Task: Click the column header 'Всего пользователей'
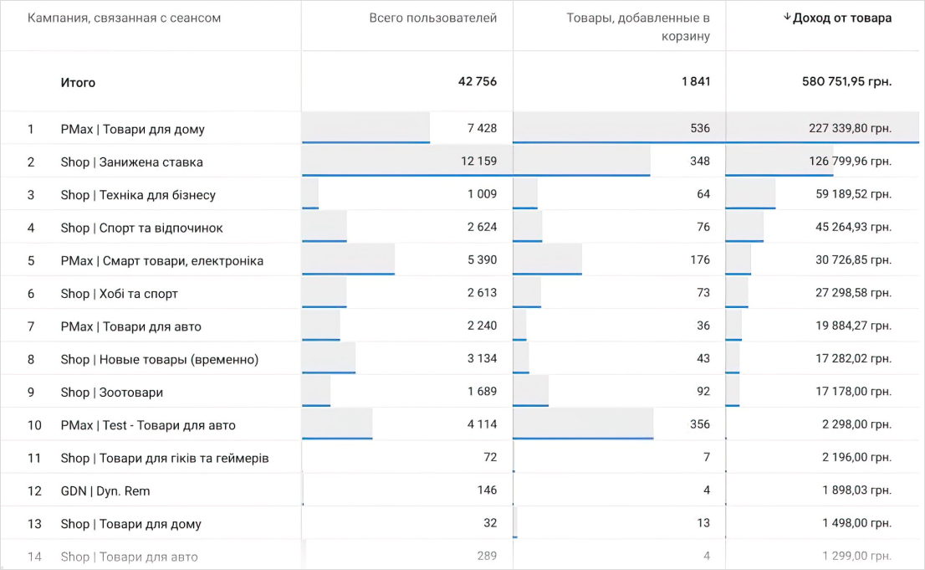tap(432, 18)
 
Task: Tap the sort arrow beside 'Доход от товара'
tap(786, 18)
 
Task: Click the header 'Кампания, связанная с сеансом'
tap(124, 18)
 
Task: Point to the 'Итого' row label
tap(78, 82)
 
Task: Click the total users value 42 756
tap(477, 81)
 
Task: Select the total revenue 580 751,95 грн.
tap(846, 82)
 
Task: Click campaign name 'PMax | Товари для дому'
tap(132, 129)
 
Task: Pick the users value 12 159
tap(478, 161)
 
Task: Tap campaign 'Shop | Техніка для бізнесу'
tap(138, 195)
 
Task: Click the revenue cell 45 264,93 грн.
tap(853, 228)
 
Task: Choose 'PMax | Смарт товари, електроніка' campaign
tap(161, 260)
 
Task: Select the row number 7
tap(31, 326)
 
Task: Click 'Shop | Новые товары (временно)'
tap(159, 359)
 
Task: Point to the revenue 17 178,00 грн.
tap(853, 392)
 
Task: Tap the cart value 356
tap(699, 424)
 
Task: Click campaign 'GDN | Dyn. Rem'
tap(105, 490)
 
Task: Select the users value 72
tap(489, 457)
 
